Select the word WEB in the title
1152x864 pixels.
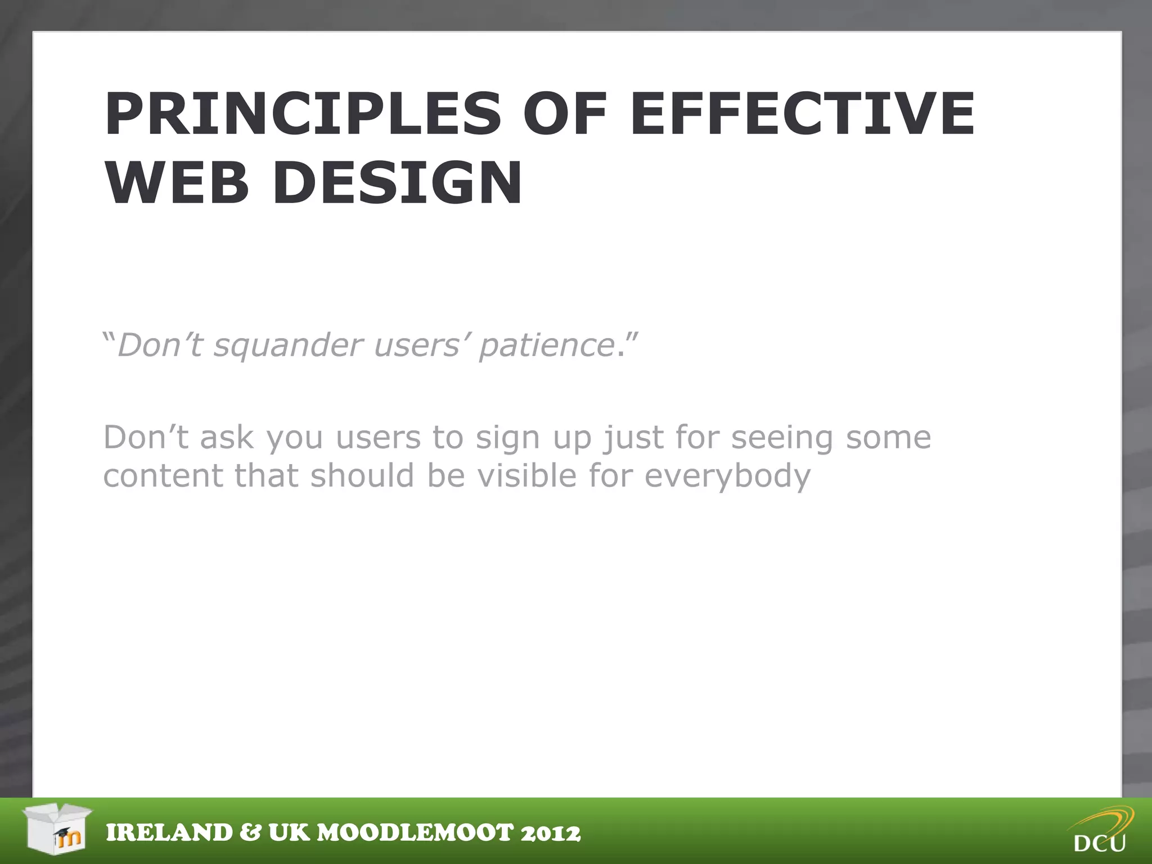177,183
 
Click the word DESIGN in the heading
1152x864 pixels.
398,183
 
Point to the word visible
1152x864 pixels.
527,476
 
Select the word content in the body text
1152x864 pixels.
163,476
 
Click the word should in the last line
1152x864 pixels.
362,476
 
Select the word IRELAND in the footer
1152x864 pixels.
169,833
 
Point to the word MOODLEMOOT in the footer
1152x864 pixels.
415,833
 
